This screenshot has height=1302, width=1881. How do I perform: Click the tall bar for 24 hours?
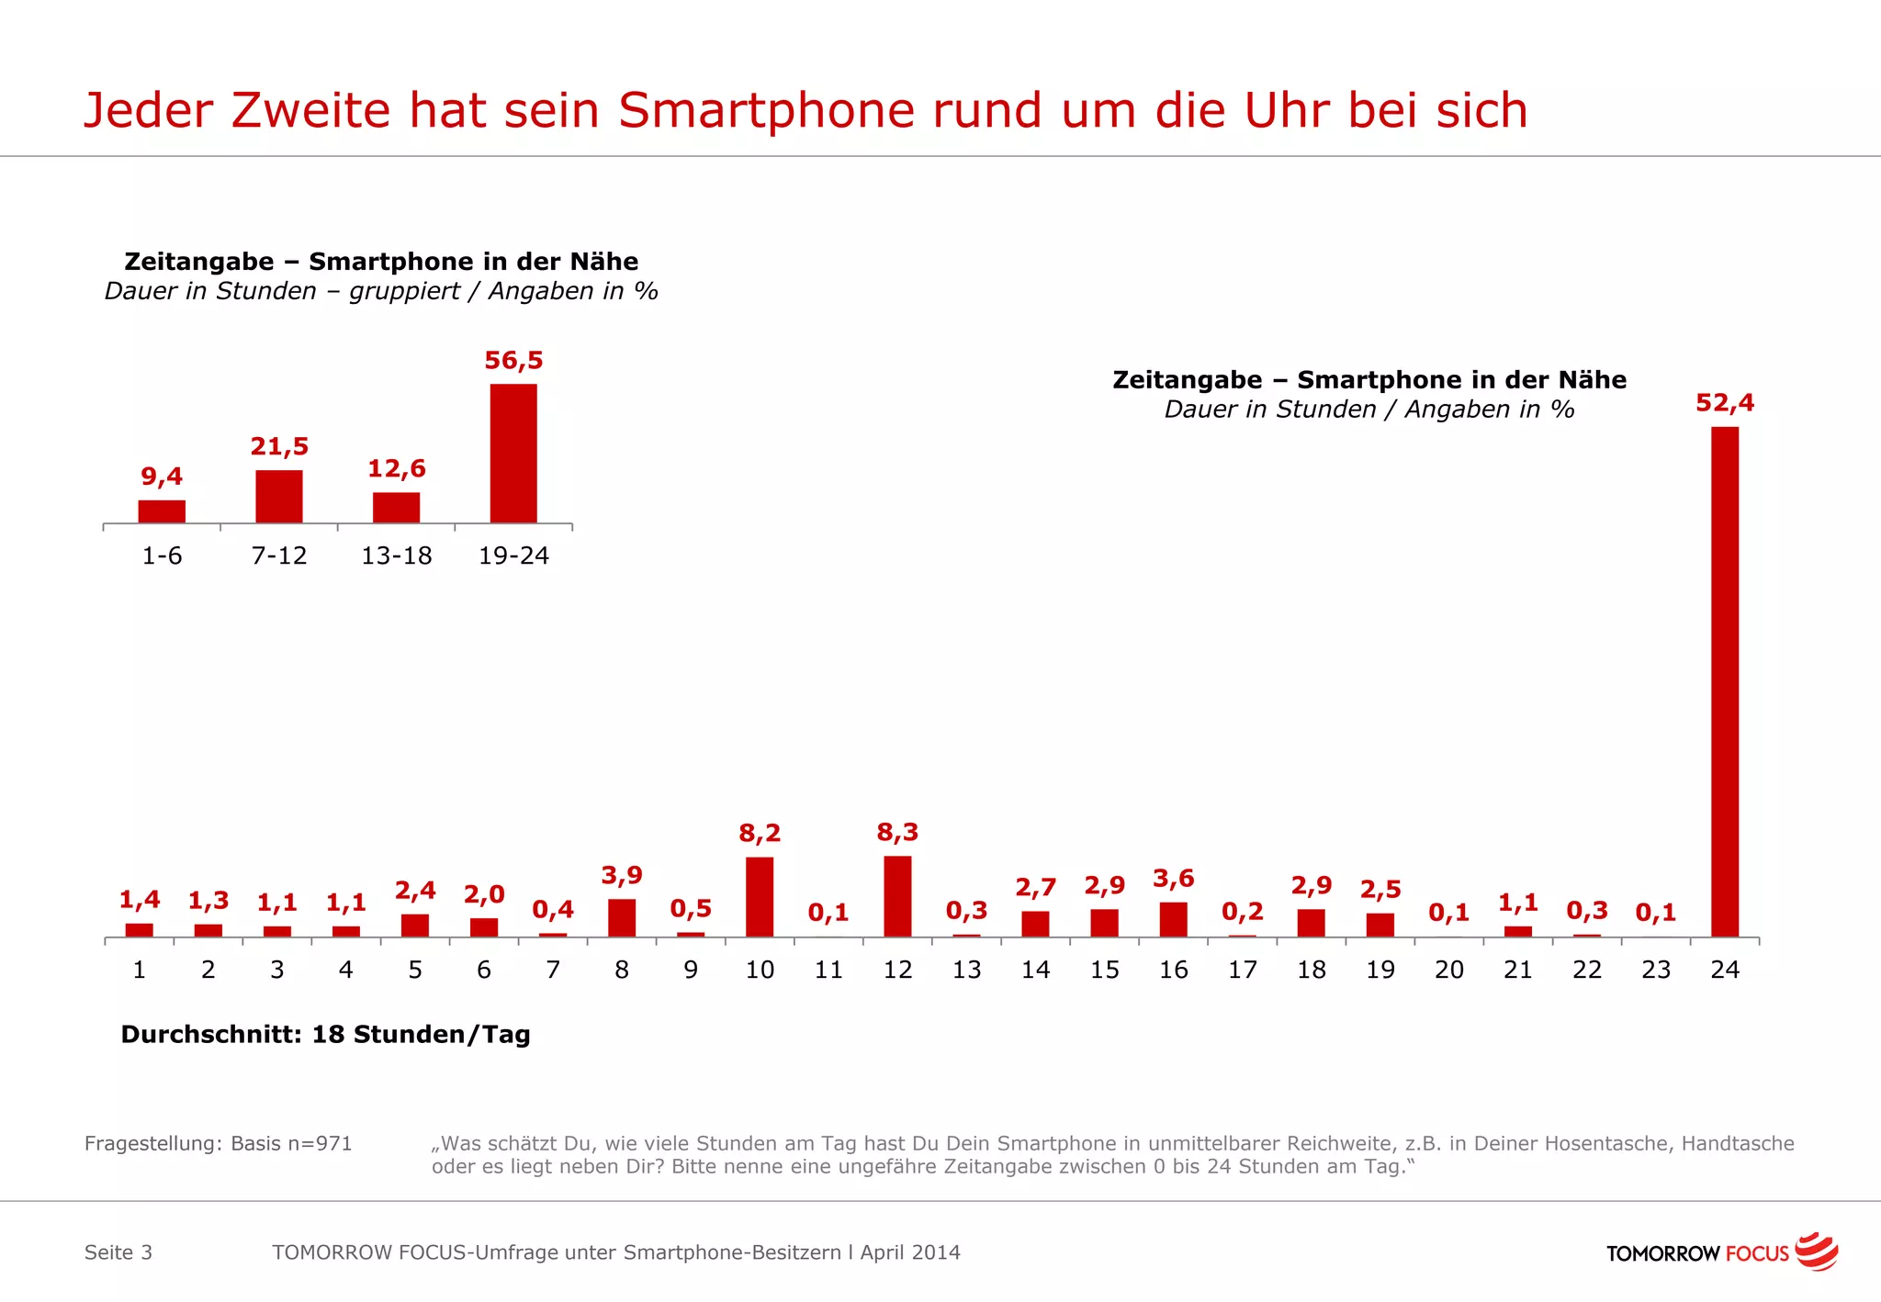(x=1724, y=681)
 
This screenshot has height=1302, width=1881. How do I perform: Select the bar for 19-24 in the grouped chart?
(x=513, y=454)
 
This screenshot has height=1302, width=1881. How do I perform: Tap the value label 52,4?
(x=1724, y=403)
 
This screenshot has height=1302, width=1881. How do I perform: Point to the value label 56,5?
(x=513, y=360)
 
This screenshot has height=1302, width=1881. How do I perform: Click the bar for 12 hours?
(x=897, y=896)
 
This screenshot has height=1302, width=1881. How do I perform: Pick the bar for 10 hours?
(x=760, y=897)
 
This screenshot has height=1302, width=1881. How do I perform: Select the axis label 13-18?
(x=396, y=556)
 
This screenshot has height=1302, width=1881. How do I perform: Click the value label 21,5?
(x=279, y=447)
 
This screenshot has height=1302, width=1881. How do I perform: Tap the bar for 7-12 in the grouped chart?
(x=279, y=497)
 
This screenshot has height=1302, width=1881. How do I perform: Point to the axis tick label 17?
(x=1242, y=970)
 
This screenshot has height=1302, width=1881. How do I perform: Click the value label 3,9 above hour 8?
(x=622, y=875)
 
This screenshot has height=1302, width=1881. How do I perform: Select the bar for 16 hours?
(x=1173, y=919)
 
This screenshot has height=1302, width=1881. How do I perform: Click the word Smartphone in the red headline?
(x=766, y=111)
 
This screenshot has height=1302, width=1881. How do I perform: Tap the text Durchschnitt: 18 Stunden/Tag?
(x=325, y=1035)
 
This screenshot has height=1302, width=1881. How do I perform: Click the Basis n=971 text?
(x=291, y=1143)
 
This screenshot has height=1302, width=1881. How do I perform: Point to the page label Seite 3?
(x=118, y=1252)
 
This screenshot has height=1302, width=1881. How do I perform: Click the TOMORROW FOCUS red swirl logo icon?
(x=1816, y=1251)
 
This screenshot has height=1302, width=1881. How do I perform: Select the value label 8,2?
(x=760, y=834)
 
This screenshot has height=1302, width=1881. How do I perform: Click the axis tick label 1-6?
(x=162, y=556)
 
